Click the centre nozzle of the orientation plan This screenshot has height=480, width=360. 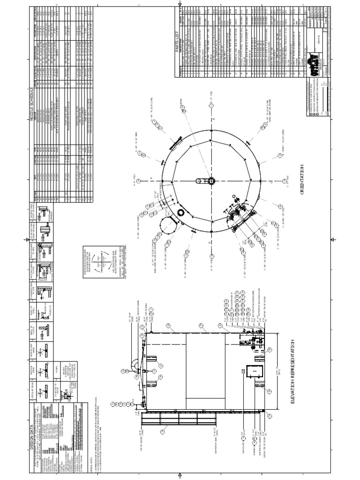tap(211, 181)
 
